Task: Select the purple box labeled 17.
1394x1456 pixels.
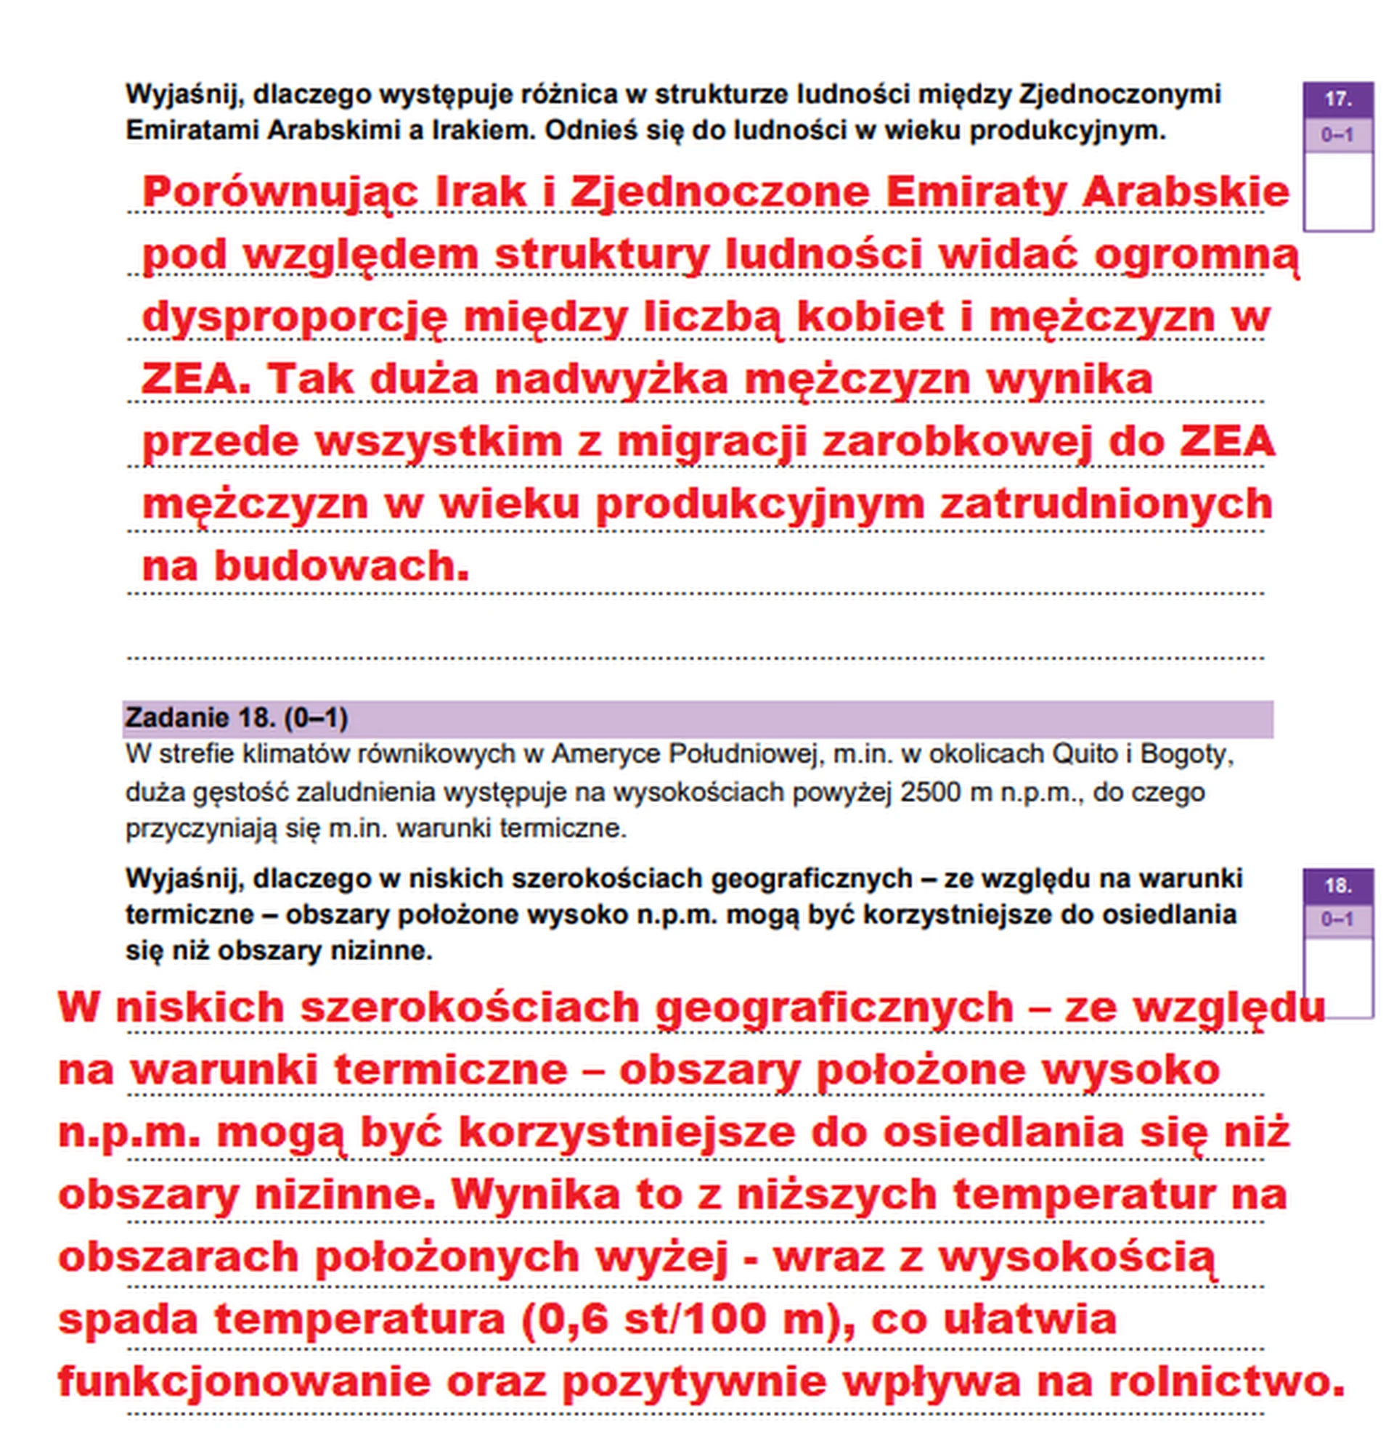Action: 1337,99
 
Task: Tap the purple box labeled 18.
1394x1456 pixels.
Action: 1337,886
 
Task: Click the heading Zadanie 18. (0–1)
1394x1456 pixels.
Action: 236,718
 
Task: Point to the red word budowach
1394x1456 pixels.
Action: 342,566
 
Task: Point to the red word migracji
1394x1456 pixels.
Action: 712,441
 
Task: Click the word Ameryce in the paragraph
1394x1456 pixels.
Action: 606,754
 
